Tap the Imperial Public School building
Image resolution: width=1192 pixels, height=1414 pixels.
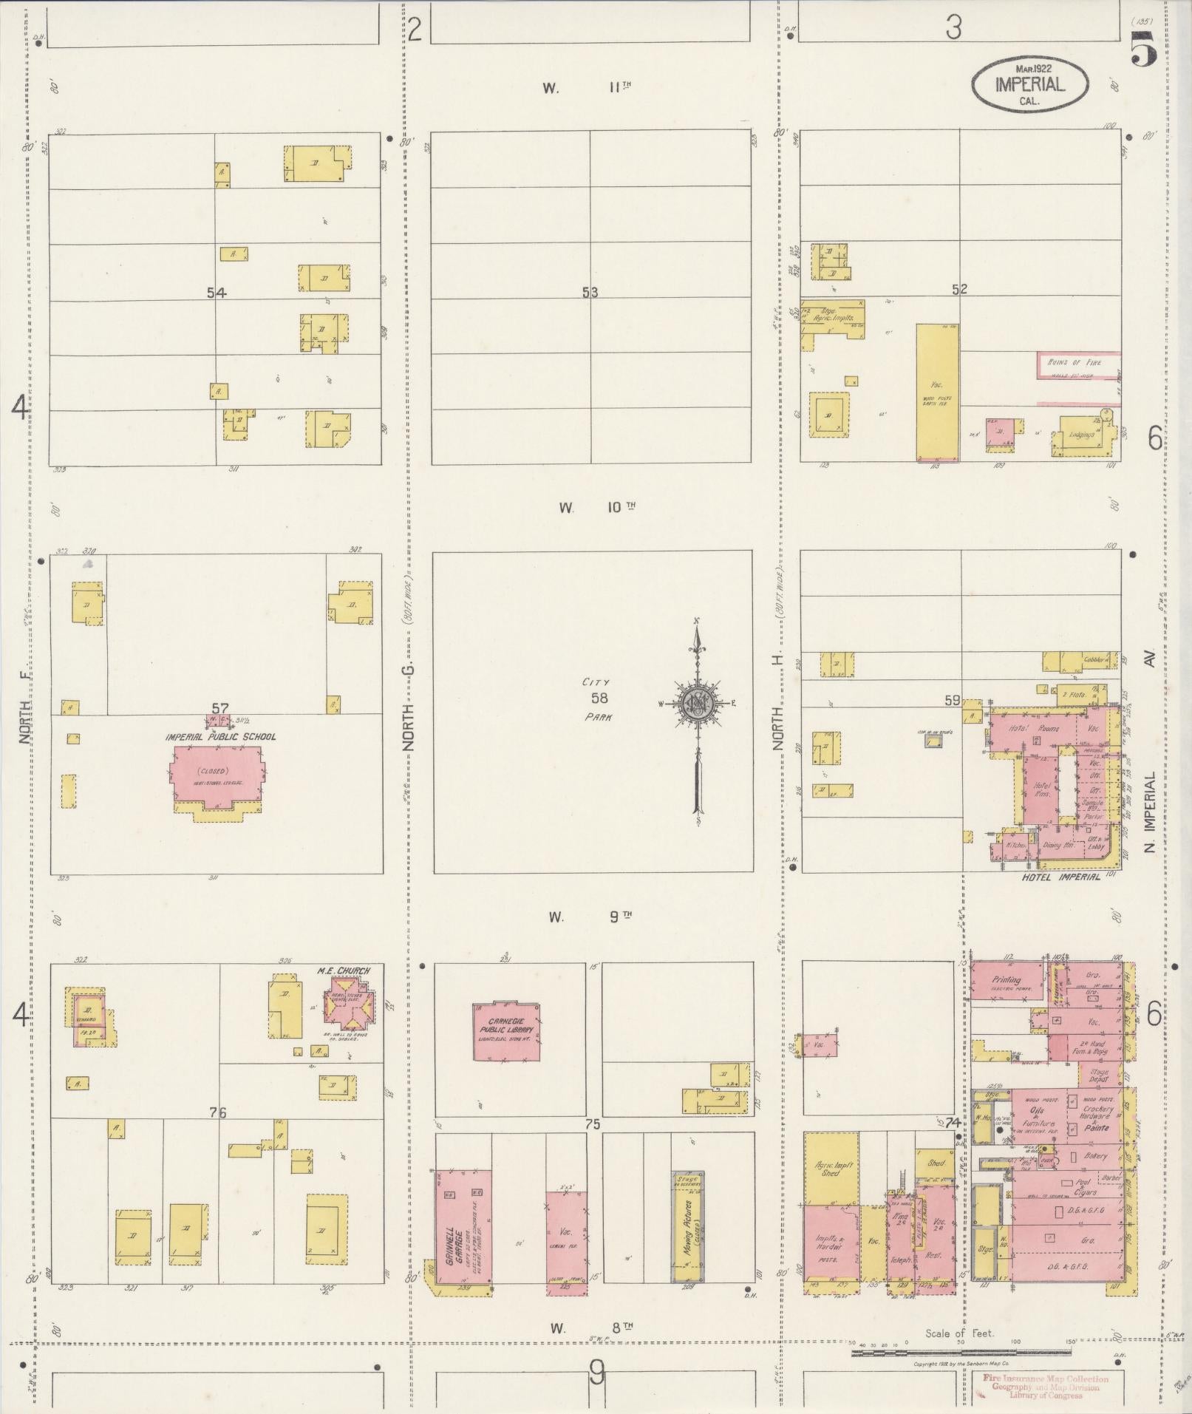pos(219,775)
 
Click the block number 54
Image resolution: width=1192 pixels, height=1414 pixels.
pos(216,293)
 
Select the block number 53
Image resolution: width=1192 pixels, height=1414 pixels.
pos(589,293)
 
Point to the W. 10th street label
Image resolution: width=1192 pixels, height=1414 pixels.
pos(596,508)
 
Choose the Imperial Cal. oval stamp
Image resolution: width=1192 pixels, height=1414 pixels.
pos(1029,84)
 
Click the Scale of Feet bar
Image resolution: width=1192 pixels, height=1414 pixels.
pos(961,1353)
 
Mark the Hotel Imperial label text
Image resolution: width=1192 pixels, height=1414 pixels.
pos(1060,877)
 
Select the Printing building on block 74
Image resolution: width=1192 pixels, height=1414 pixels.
pos(1006,981)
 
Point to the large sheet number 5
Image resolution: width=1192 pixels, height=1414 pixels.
pos(1145,51)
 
